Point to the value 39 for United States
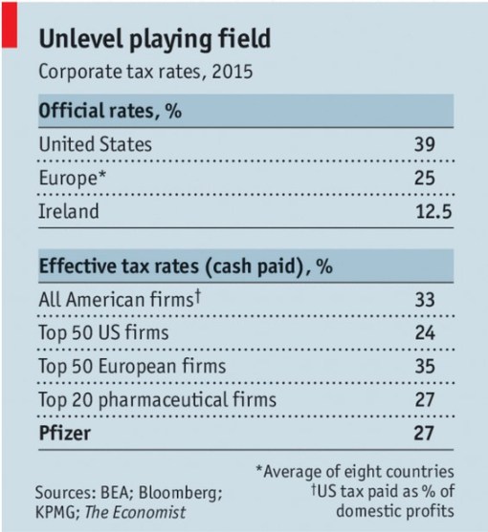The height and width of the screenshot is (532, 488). [x=425, y=144]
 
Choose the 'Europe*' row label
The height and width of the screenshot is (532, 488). [x=70, y=179]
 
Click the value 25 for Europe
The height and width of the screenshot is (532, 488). [x=425, y=179]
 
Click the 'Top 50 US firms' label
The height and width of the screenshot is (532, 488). [x=103, y=334]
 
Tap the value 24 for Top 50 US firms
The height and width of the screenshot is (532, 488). [x=425, y=334]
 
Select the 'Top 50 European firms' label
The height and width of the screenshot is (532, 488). [x=131, y=366]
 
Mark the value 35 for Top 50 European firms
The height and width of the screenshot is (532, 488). [x=425, y=366]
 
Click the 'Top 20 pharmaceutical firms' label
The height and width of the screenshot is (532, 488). [x=157, y=398]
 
